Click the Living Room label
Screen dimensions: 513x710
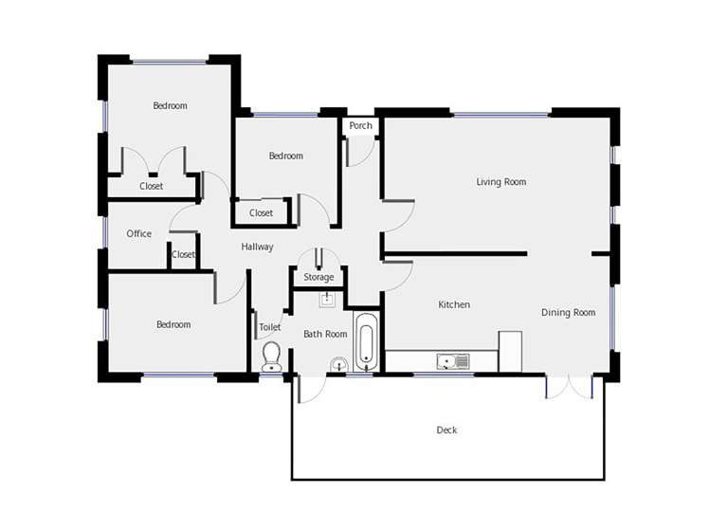(x=501, y=182)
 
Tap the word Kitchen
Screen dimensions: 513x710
(x=454, y=304)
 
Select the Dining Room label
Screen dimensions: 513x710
(x=568, y=312)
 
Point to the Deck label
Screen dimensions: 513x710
(x=446, y=430)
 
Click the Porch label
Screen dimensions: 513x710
(x=360, y=126)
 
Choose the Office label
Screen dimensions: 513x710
(x=138, y=233)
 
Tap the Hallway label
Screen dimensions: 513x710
(x=257, y=247)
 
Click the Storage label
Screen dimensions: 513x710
(x=319, y=277)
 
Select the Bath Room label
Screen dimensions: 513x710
(x=325, y=334)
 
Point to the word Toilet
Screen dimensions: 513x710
(x=270, y=327)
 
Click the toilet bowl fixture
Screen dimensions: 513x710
(x=271, y=356)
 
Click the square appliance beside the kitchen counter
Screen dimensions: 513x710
(x=510, y=351)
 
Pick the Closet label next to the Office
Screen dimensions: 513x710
(x=183, y=254)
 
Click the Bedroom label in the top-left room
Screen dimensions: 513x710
(x=170, y=106)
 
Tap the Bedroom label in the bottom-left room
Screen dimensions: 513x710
(x=173, y=324)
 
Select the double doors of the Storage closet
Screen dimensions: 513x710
(x=319, y=259)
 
